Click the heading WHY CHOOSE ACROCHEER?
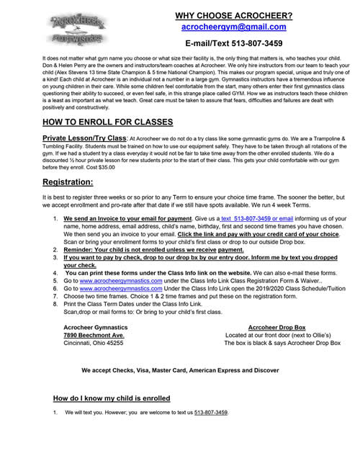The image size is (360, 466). (233, 14)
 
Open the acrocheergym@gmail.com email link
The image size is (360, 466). (233, 27)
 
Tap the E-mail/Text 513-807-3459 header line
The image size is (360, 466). (233, 44)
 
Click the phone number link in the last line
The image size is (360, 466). (204, 413)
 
